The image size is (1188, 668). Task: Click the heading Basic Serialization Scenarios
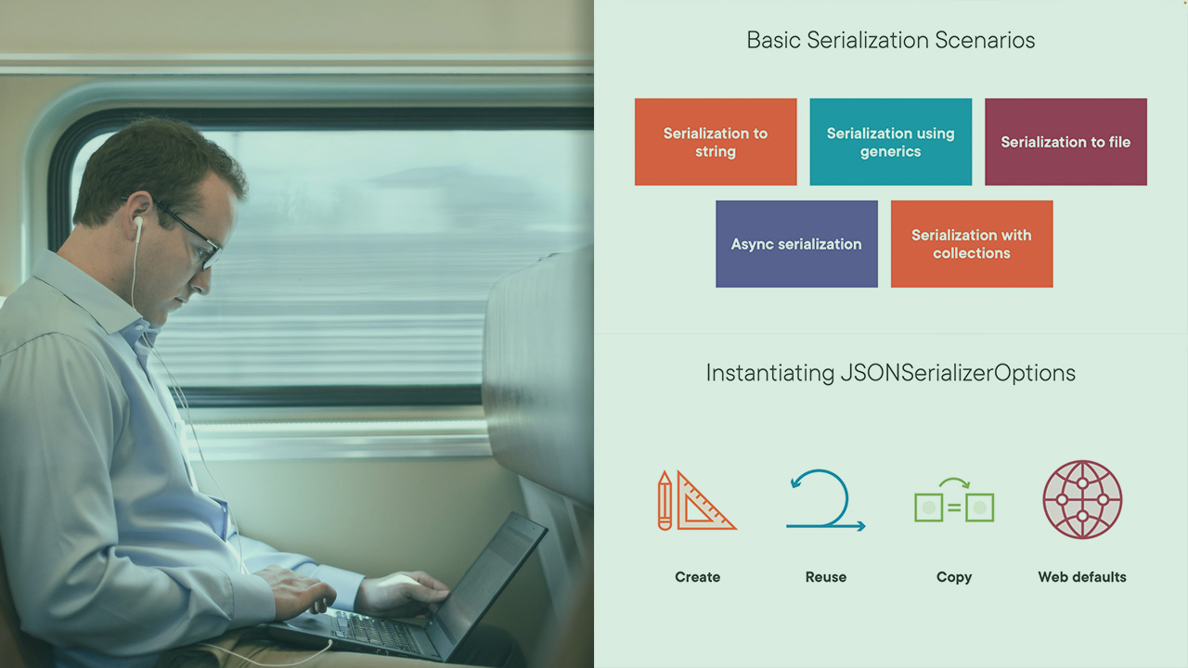[890, 41]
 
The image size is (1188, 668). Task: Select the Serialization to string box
[716, 142]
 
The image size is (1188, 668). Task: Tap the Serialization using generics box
[890, 142]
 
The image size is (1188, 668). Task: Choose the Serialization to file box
[1065, 142]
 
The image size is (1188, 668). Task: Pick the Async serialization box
[796, 244]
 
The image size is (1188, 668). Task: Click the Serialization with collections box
[971, 244]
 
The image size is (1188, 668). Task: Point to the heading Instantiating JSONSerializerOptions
[890, 373]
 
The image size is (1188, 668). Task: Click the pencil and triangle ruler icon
[696, 501]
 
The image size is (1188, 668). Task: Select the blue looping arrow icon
[825, 501]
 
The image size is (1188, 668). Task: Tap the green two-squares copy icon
[954, 504]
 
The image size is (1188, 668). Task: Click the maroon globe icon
[1082, 500]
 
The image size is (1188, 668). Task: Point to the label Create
[697, 577]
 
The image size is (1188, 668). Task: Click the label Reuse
[825, 577]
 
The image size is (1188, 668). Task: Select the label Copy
[954, 577]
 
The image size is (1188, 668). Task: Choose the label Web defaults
[1082, 577]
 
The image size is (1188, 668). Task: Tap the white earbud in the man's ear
[138, 224]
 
